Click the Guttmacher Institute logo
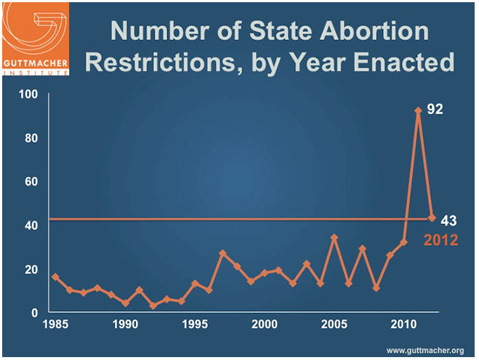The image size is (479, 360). tap(37, 37)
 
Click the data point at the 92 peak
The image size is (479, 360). tap(418, 111)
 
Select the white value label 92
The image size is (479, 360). tap(434, 110)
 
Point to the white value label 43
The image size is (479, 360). tap(448, 220)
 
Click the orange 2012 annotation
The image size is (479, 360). tap(440, 239)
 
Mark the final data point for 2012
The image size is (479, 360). tap(432, 218)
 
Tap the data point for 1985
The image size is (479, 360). tap(55, 277)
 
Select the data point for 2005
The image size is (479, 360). tap(334, 238)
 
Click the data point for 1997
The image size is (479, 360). tap(222, 253)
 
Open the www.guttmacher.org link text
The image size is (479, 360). tap(425, 351)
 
